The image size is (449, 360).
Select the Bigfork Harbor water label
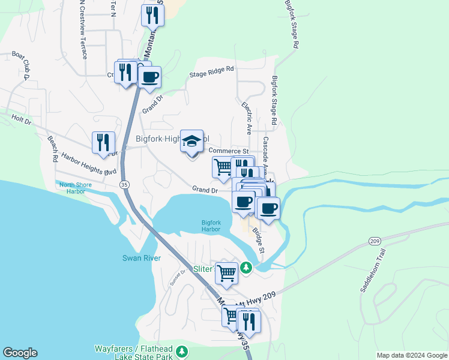[211, 226]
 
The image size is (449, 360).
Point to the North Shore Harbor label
[76, 188]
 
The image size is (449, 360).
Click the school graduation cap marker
[192, 142]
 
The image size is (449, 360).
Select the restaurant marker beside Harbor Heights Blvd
[103, 143]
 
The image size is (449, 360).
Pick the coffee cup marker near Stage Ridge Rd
[149, 77]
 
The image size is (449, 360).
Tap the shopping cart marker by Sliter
[226, 272]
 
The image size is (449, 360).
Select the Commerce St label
[228, 151]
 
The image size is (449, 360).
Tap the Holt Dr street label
[21, 120]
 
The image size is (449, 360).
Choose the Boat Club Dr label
[21, 65]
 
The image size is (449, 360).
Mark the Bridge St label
[258, 239]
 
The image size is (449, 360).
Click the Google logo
[20, 353]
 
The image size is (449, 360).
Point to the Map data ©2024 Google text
[411, 355]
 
